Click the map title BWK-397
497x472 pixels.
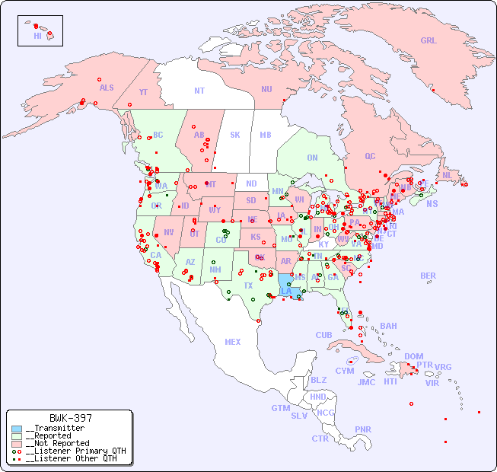70,418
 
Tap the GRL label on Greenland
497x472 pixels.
429,41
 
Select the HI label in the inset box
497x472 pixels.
37,35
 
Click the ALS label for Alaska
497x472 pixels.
107,88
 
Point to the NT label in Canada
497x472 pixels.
199,90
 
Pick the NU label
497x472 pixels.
266,89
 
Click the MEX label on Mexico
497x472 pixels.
233,342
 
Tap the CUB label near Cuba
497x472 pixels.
323,335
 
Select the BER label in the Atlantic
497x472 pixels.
428,276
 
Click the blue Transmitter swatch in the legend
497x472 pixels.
17,429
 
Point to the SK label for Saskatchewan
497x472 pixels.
235,135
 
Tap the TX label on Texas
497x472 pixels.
248,285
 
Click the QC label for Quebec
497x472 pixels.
370,156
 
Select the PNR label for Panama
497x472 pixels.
363,429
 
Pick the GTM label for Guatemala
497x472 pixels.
280,408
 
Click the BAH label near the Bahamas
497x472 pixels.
388,326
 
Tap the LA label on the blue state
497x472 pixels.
286,291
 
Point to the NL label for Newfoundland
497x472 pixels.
447,174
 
